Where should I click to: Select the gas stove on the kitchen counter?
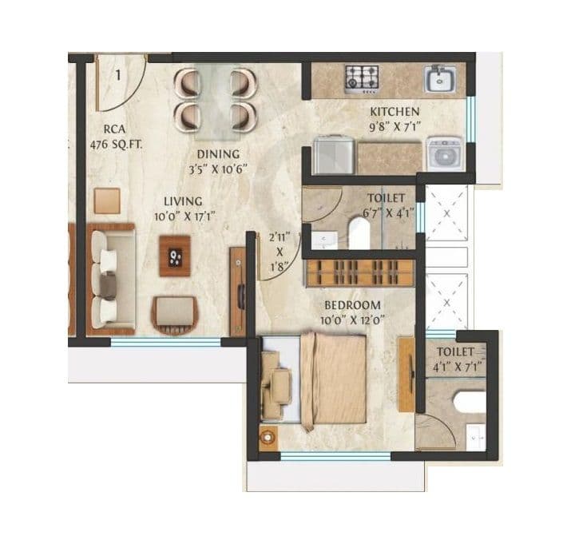[362, 78]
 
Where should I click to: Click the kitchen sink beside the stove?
[440, 79]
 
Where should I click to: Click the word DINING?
[218, 154]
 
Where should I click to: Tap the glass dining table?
[216, 100]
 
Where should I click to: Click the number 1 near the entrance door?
[117, 76]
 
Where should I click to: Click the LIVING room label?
[183, 201]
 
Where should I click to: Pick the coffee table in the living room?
[175, 256]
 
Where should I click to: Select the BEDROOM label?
[351, 305]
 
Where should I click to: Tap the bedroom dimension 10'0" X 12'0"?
[351, 320]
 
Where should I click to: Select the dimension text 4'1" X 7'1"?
[454, 367]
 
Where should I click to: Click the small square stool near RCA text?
[106, 201]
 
